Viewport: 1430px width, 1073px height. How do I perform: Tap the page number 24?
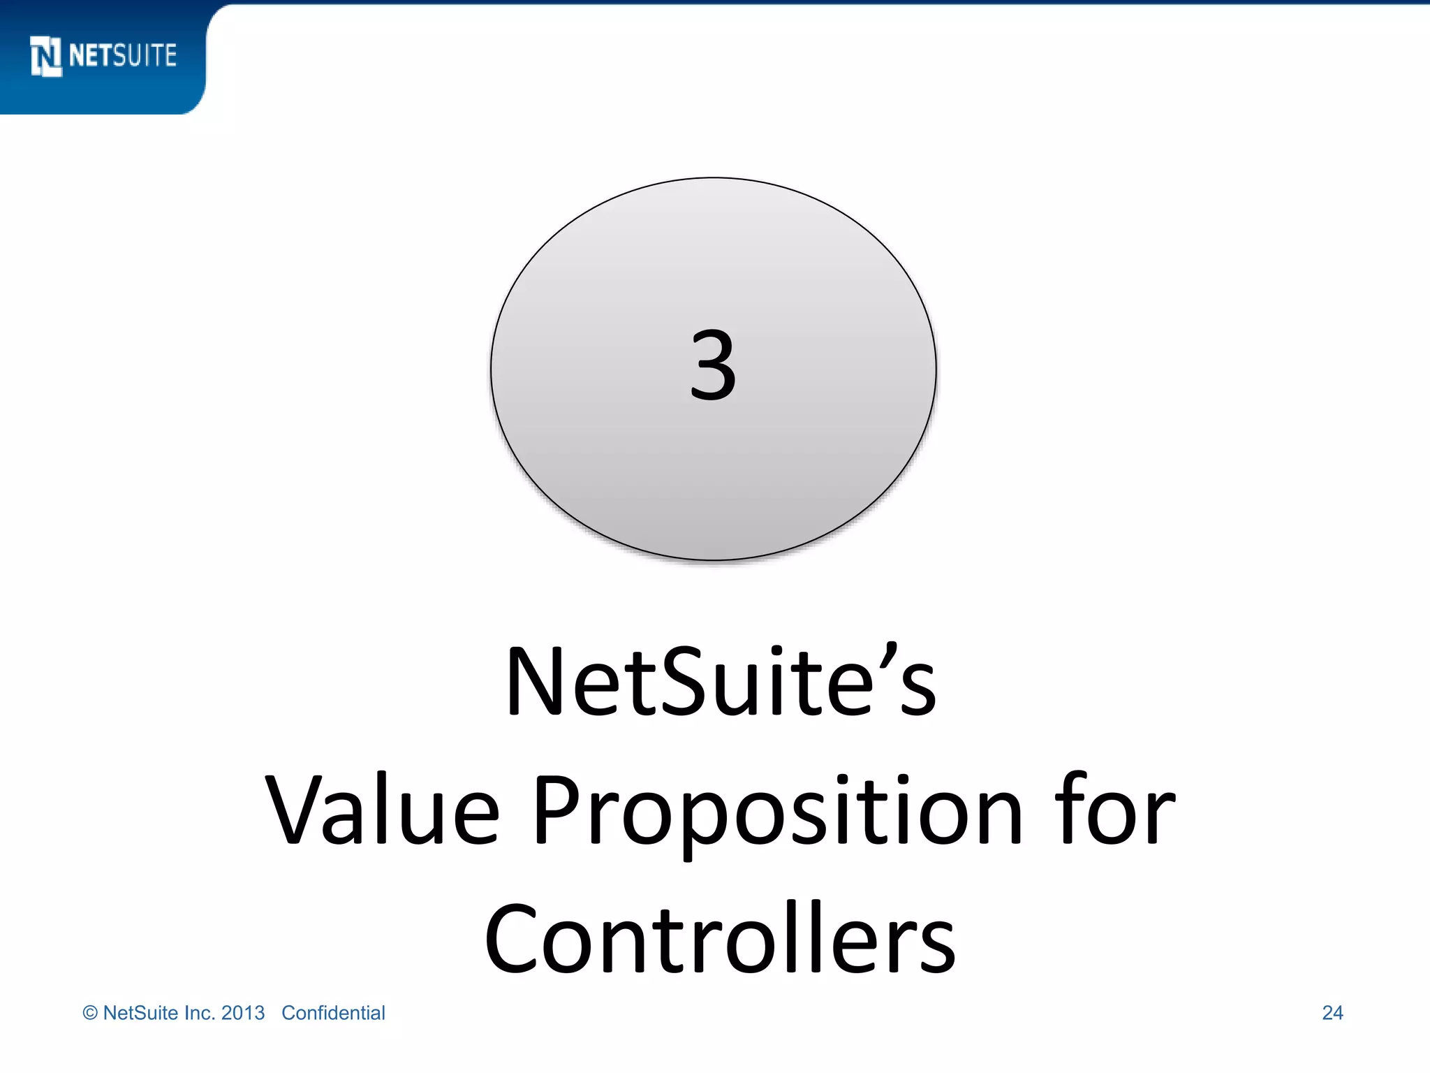[x=1332, y=1013]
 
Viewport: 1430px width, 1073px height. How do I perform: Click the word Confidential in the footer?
[x=333, y=1013]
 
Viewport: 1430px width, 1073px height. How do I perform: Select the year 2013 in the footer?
[x=243, y=1013]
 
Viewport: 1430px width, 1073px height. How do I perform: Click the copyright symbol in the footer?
[x=90, y=1013]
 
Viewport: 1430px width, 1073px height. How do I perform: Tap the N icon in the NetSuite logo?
[x=46, y=56]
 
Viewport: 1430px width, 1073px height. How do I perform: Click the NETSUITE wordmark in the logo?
[x=123, y=55]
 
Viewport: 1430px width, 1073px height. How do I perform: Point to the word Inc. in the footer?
[x=200, y=1013]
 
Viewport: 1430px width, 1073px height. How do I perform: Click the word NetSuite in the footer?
[x=140, y=1013]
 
